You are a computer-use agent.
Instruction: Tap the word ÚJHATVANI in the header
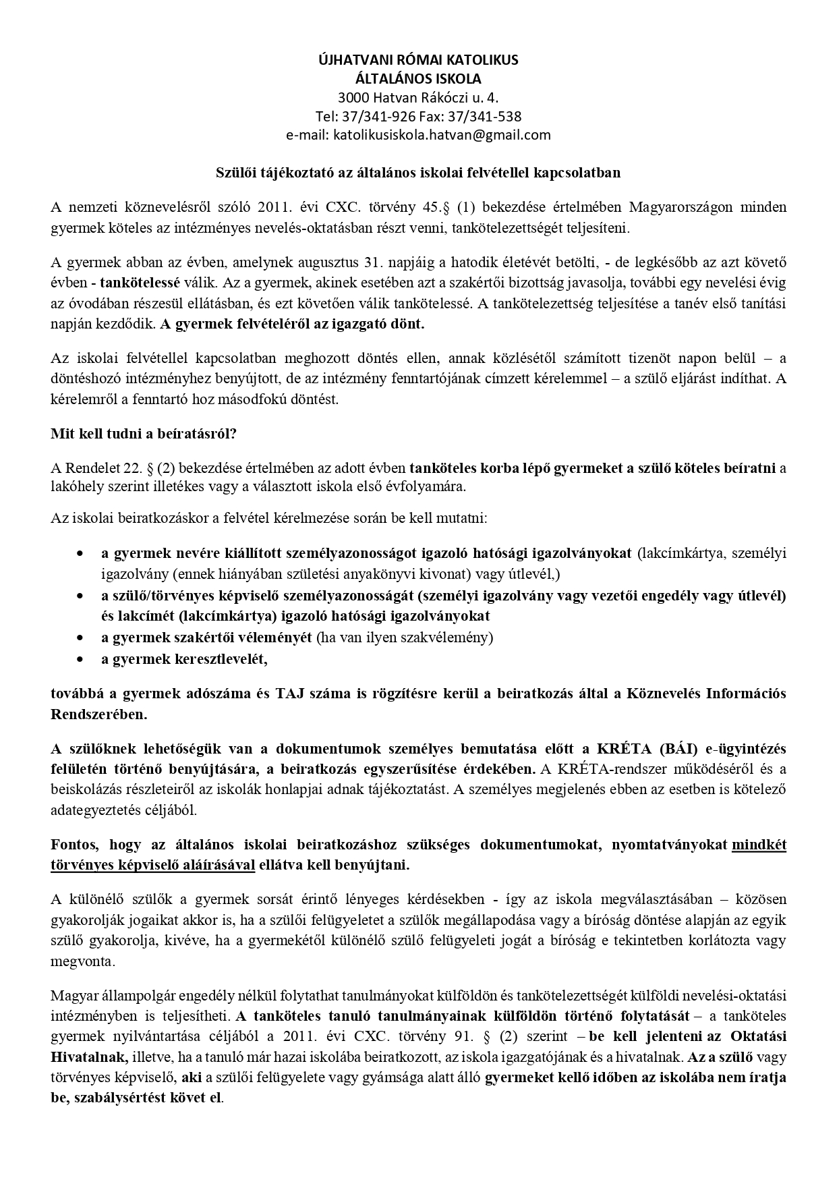click(349, 59)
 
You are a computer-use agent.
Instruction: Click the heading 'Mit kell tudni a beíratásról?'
click(144, 434)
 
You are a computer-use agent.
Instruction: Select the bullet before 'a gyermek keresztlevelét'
click(81, 659)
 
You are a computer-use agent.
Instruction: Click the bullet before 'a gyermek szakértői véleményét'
click(81, 638)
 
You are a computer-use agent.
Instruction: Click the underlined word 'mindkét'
click(759, 845)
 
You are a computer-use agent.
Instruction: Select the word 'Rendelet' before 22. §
click(87, 468)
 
